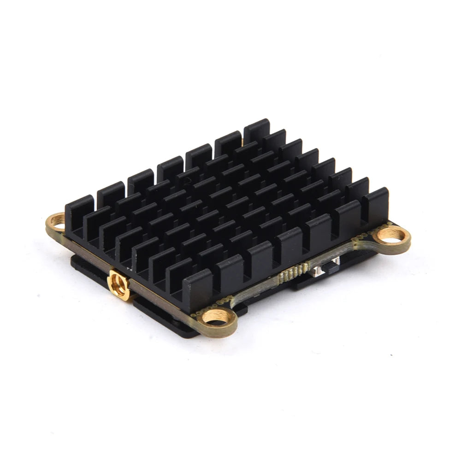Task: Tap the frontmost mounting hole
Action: click(x=216, y=317)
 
